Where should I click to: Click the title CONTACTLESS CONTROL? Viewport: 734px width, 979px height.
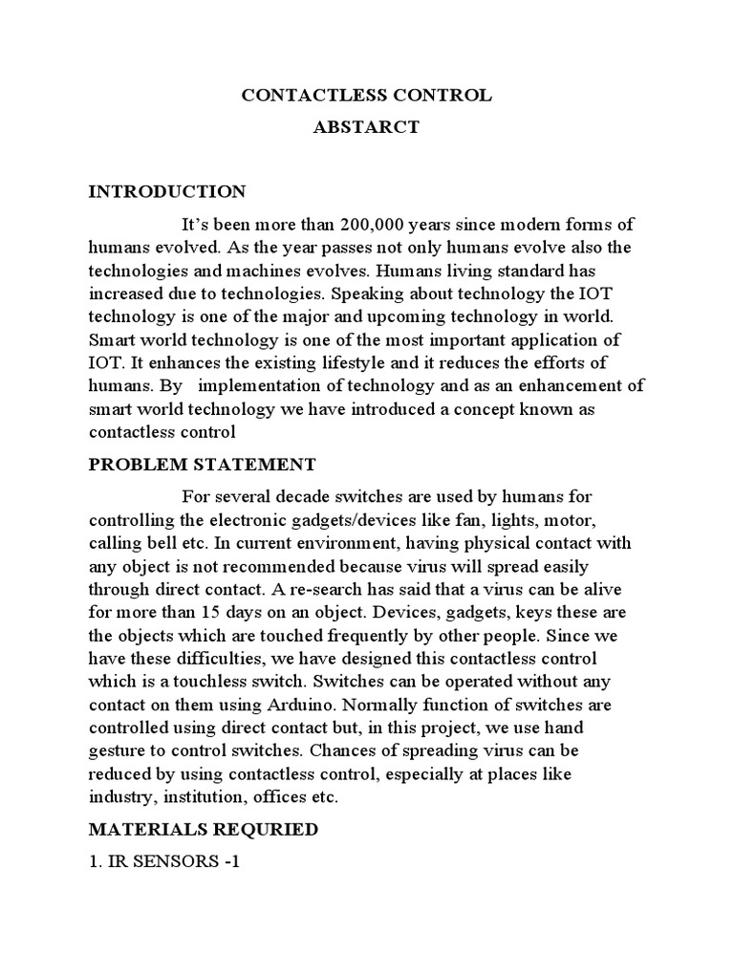click(x=367, y=96)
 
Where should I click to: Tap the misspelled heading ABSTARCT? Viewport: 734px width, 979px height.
click(x=367, y=127)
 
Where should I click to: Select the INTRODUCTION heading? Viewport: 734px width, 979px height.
click(x=167, y=191)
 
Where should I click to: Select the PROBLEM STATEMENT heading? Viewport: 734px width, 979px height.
click(x=203, y=466)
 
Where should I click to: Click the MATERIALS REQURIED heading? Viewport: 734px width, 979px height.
click(x=203, y=830)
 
